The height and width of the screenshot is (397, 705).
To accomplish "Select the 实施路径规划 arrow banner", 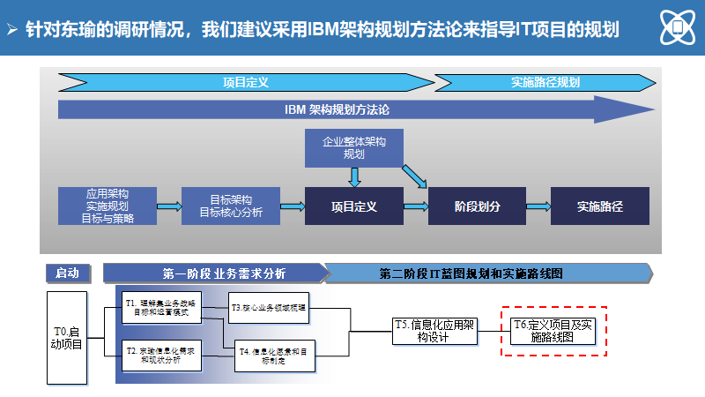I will (545, 82).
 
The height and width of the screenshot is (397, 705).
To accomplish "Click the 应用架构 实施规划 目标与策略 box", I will (108, 206).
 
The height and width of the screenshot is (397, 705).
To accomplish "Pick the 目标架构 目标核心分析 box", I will (230, 206).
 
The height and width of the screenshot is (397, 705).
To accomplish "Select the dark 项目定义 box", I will (353, 206).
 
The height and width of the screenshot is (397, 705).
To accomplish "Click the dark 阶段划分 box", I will (477, 206).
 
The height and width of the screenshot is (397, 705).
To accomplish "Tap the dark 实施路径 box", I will (600, 206).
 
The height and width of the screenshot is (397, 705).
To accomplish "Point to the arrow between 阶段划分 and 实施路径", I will (538, 206).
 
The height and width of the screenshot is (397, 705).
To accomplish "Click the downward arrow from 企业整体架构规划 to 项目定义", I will (353, 177).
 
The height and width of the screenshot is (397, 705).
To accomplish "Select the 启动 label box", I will (67, 273).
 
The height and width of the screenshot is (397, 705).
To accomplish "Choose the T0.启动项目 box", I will (67, 337).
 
